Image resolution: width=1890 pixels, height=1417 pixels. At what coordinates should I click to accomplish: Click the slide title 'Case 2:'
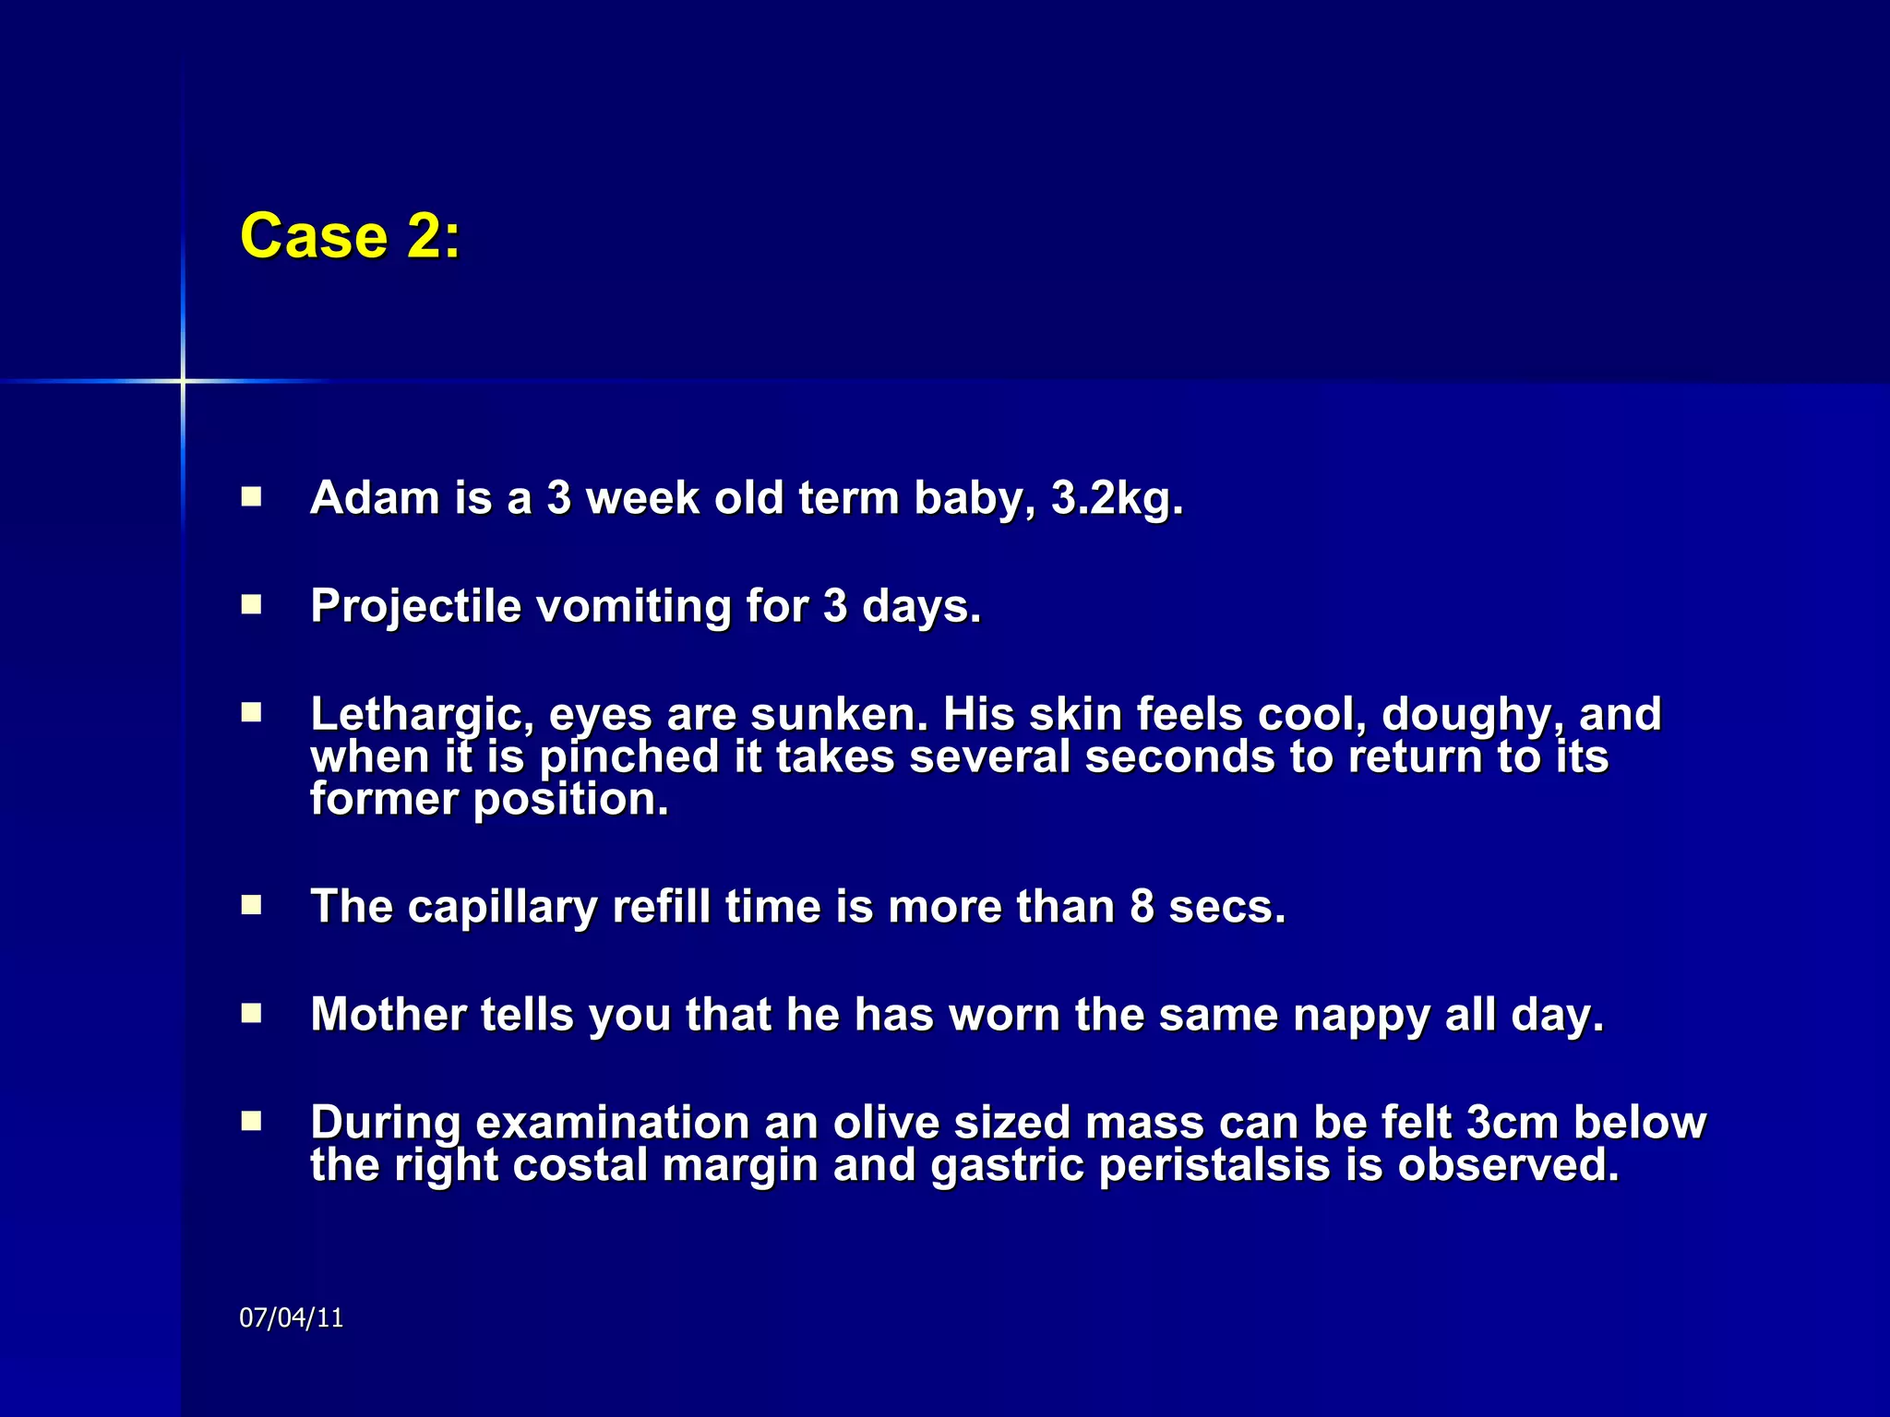[350, 236]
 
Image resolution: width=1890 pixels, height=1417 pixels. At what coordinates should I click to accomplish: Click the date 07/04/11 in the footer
[291, 1317]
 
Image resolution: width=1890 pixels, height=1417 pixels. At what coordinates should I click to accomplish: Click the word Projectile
[415, 607]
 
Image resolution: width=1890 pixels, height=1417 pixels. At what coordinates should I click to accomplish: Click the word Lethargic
[422, 715]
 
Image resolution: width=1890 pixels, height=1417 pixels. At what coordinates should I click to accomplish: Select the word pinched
[628, 757]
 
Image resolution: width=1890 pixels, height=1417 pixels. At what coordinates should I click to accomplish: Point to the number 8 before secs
[1142, 907]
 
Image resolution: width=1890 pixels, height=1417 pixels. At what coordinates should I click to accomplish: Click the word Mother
[388, 1015]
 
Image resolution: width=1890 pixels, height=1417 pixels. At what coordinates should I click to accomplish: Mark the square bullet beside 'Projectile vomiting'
[251, 605]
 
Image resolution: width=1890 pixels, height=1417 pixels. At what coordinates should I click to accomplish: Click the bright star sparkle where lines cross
[183, 380]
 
